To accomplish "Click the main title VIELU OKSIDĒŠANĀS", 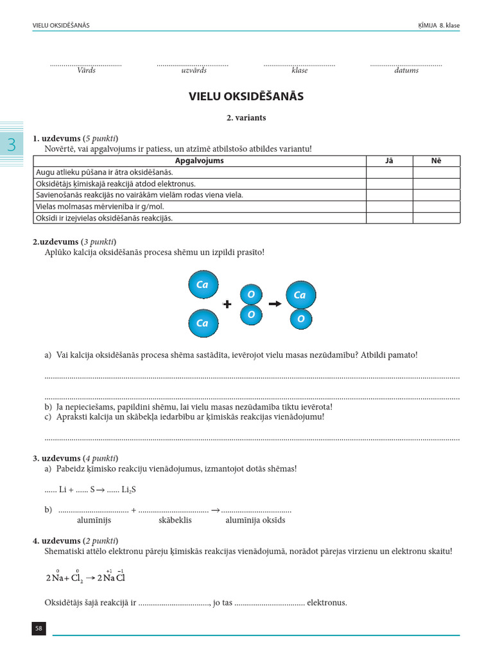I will tap(246, 96).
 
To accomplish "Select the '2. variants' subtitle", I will tap(246, 118).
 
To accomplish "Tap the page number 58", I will tap(39, 628).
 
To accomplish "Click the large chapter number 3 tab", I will tap(12, 145).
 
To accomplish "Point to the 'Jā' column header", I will tap(389, 161).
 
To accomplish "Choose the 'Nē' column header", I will tap(436, 161).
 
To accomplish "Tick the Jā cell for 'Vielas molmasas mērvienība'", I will tap(389, 207).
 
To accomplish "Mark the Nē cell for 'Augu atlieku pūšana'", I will tap(436, 172).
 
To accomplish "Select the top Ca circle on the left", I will tap(203, 285).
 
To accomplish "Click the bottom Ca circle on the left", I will tap(203, 323).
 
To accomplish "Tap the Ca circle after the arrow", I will tap(300, 295).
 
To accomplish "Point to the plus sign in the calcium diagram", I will tap(227, 304).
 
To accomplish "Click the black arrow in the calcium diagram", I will tap(275, 304).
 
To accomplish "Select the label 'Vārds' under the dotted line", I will tap(86, 71).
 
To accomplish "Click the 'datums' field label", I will tap(406, 71).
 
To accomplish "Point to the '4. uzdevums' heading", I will tap(56, 540).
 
